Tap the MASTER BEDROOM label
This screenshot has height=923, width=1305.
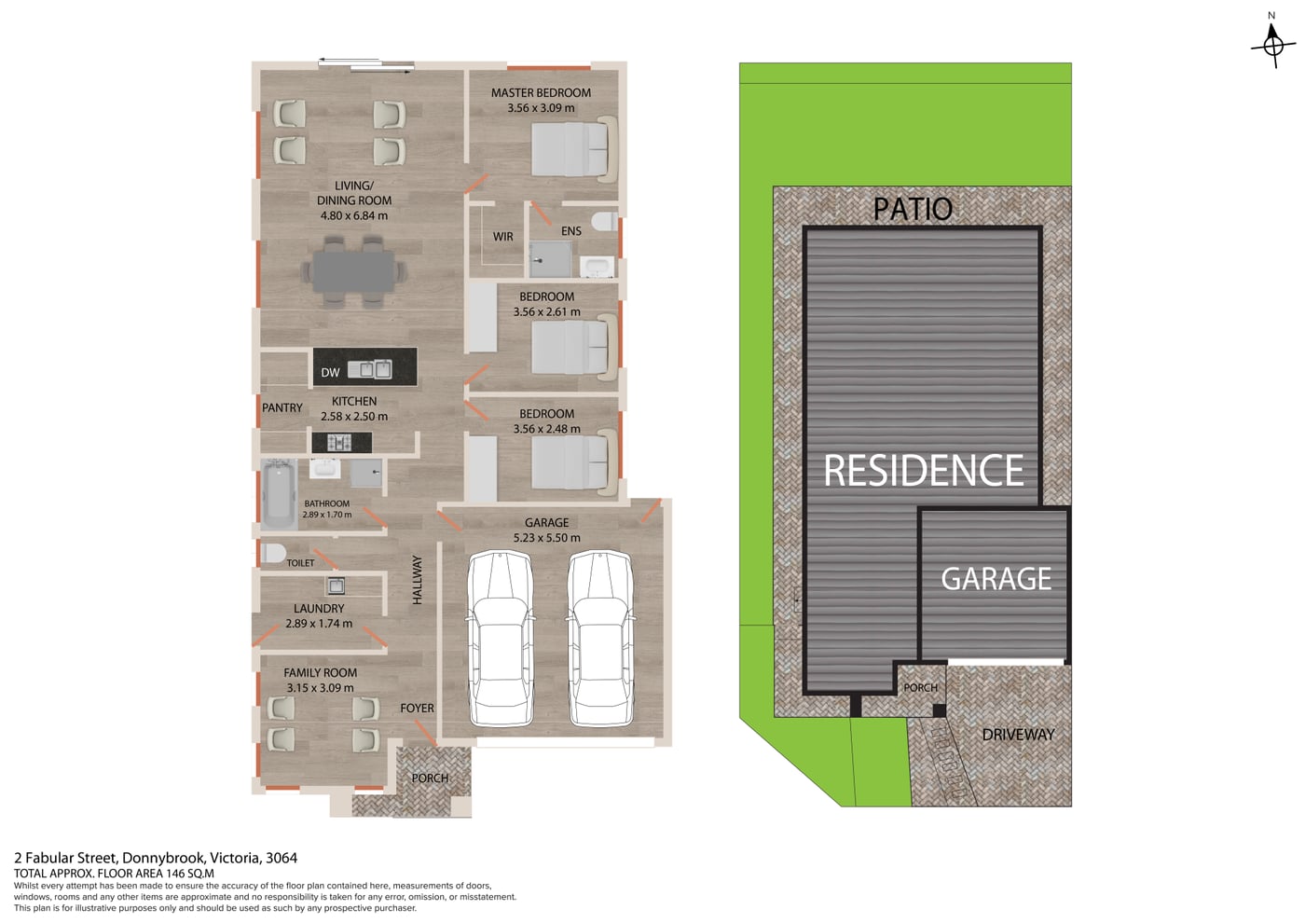(x=541, y=92)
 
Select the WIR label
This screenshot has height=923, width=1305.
(x=502, y=237)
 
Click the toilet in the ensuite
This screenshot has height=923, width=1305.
(x=604, y=222)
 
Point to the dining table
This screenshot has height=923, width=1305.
(x=353, y=271)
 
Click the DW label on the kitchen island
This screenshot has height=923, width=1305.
(x=330, y=373)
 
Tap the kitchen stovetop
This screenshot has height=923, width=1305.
(x=341, y=442)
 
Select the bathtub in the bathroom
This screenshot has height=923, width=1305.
(x=279, y=494)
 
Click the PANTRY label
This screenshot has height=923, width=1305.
(x=282, y=408)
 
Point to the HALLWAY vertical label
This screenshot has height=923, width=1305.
(x=418, y=580)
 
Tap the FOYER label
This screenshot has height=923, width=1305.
(x=418, y=708)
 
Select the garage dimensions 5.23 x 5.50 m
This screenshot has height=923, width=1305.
(x=546, y=538)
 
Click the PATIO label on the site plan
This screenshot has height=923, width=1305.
(x=913, y=209)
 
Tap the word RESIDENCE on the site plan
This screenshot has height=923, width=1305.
(x=924, y=470)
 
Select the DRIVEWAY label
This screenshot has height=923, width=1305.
(x=1018, y=735)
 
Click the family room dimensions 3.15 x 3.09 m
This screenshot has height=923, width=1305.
(x=320, y=688)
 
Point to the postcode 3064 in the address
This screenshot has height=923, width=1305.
(x=282, y=858)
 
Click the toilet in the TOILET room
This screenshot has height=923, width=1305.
(x=272, y=553)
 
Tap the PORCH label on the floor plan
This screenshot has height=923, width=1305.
(x=430, y=778)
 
